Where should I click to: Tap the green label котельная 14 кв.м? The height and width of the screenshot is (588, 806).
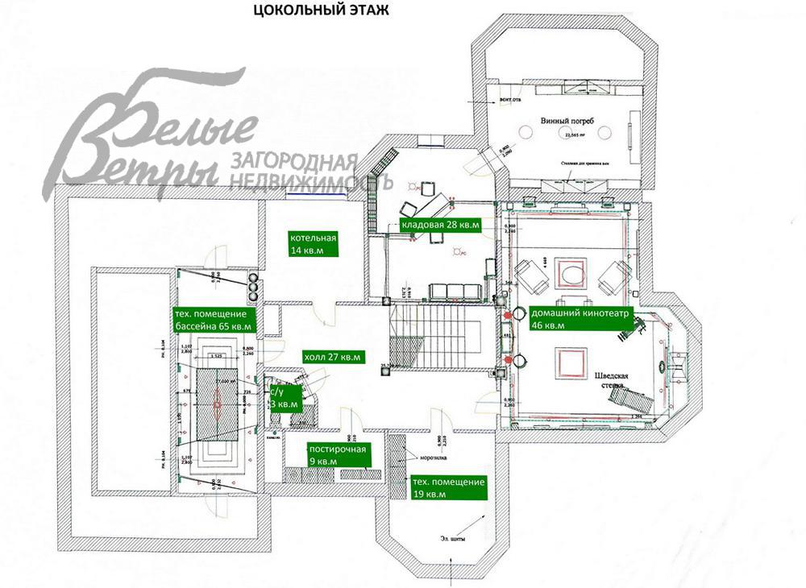(x=314, y=244)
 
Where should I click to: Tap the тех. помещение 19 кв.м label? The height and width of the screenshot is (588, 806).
(x=448, y=488)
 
